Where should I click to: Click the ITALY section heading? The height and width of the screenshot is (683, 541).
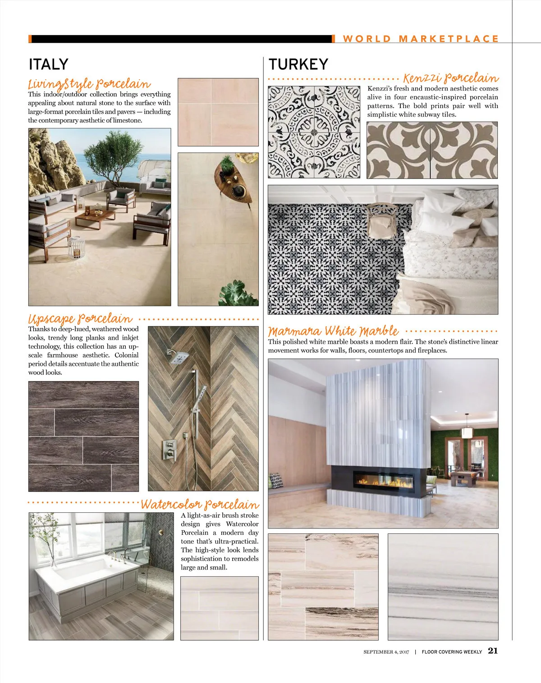tap(48, 64)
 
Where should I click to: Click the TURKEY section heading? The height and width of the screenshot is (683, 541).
tap(298, 64)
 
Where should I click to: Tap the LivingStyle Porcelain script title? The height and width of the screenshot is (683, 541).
tap(89, 84)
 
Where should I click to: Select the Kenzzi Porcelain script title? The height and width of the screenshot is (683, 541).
tap(450, 78)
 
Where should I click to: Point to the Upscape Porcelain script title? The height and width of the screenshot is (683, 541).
tap(80, 319)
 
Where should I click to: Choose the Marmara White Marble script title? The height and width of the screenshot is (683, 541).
tap(333, 331)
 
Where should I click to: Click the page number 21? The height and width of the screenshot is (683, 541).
tap(493, 651)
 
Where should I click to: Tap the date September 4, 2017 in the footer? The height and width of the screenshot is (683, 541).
tap(386, 651)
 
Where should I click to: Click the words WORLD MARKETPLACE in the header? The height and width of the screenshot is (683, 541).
tap(421, 39)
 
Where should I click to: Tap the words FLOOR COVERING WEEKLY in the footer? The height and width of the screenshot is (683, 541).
tap(452, 651)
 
